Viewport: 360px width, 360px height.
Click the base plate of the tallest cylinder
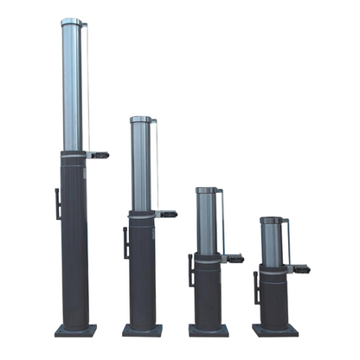tap(75, 330)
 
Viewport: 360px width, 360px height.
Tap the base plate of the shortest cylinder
tap(275, 330)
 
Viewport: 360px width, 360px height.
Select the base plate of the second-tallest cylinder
tap(142, 330)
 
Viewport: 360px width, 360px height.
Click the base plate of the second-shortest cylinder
tap(209, 330)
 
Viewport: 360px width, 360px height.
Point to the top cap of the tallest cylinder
tap(73, 22)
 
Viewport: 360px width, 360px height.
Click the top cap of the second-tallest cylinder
tap(141, 120)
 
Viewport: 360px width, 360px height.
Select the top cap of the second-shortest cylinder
tap(206, 190)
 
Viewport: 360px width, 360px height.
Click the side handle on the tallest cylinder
tap(57, 203)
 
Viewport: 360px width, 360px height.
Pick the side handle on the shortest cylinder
tap(256, 286)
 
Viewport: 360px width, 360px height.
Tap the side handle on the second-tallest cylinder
tap(126, 242)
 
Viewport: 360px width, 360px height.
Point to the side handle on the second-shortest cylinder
tap(190, 270)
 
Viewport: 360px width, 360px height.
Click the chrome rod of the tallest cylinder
tap(73, 87)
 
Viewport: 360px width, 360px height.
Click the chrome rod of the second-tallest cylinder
tap(141, 164)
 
